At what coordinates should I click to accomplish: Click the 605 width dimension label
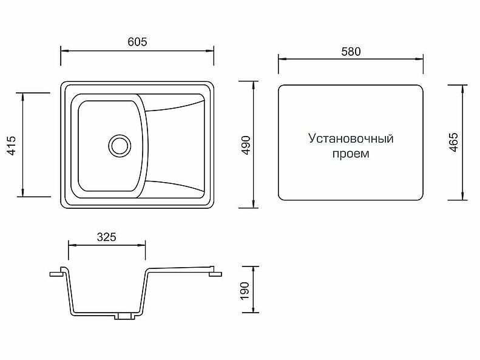[138, 41]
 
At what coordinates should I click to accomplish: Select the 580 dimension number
[351, 52]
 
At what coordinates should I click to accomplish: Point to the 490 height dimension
[246, 144]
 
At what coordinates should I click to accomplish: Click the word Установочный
[351, 138]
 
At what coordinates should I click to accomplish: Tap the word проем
[351, 154]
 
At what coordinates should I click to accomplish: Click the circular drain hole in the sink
[120, 145]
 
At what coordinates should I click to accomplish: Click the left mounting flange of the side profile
[58, 272]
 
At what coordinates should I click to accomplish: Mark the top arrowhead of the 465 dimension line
[464, 84]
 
